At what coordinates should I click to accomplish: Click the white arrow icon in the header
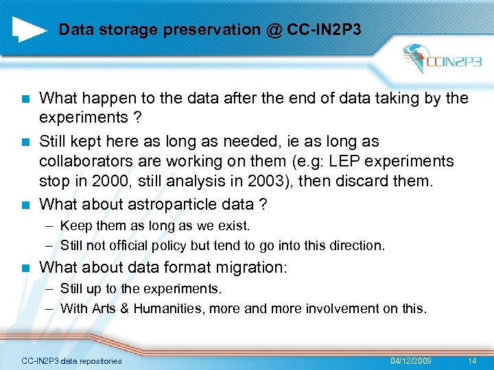tap(30, 29)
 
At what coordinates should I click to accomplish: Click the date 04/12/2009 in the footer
tap(411, 360)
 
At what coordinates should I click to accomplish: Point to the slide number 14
tap(471, 360)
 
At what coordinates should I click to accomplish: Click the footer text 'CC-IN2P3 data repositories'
tap(72, 361)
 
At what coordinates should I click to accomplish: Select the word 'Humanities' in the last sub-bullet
tap(168, 308)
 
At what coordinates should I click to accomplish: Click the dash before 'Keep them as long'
tap(51, 226)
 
